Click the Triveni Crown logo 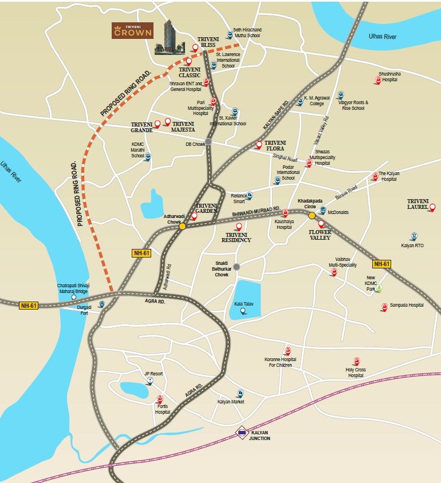click(132, 30)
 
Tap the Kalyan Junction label click(259, 436)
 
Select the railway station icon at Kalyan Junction click(242, 433)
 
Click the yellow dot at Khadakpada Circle click(312, 216)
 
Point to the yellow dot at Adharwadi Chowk click(182, 226)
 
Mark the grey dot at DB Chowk click(208, 141)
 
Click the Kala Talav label click(243, 303)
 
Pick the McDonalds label click(338, 212)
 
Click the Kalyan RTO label click(412, 246)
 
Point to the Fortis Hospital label click(163, 409)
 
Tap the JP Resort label click(153, 374)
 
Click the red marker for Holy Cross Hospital click(357, 361)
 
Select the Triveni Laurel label click(418, 204)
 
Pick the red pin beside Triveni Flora click(259, 145)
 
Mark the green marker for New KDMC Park click(378, 288)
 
